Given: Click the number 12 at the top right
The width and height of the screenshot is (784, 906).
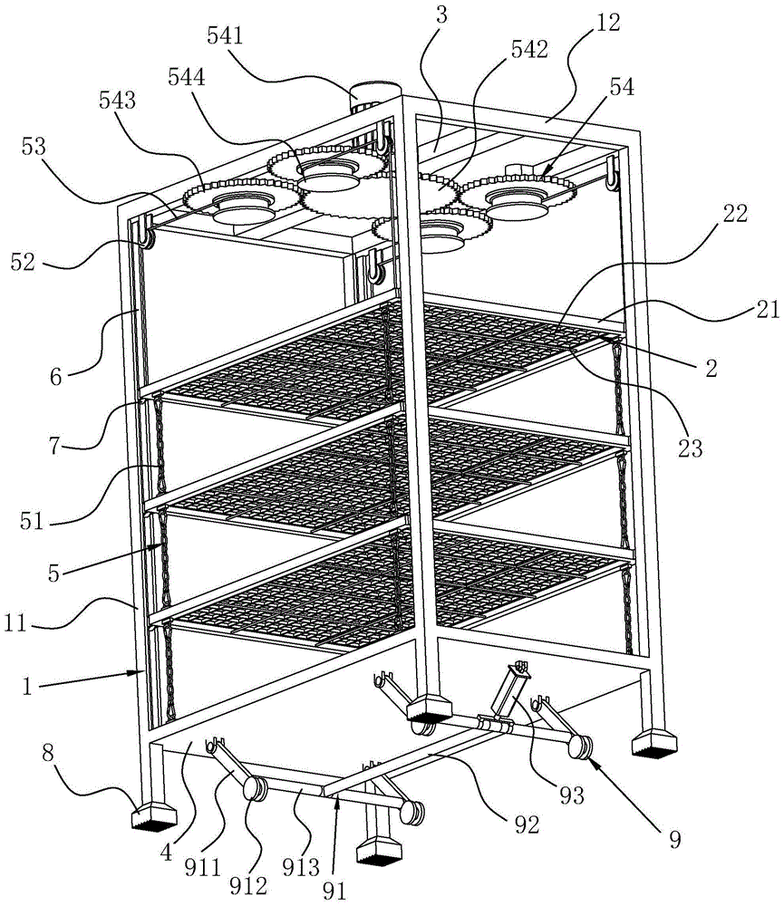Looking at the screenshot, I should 609,23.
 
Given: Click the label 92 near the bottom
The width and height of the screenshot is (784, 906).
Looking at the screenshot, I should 521,824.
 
